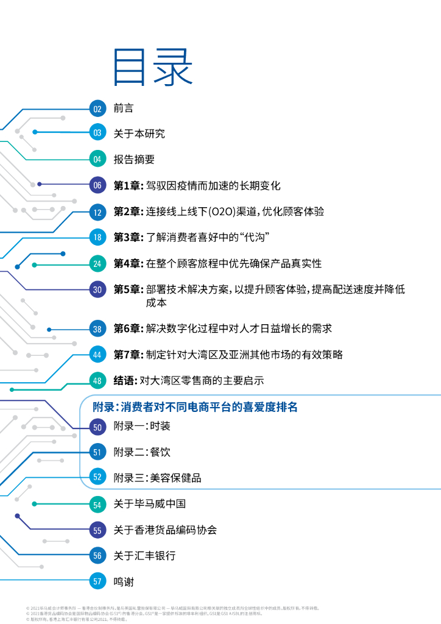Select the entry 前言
click(x=123, y=108)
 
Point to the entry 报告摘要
click(x=134, y=159)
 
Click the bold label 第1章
click(x=127, y=185)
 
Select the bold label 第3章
click(x=127, y=237)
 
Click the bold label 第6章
click(x=127, y=328)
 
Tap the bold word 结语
click(x=124, y=381)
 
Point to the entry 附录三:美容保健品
click(x=157, y=478)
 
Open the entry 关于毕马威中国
click(x=149, y=504)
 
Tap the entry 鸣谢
click(x=124, y=581)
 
